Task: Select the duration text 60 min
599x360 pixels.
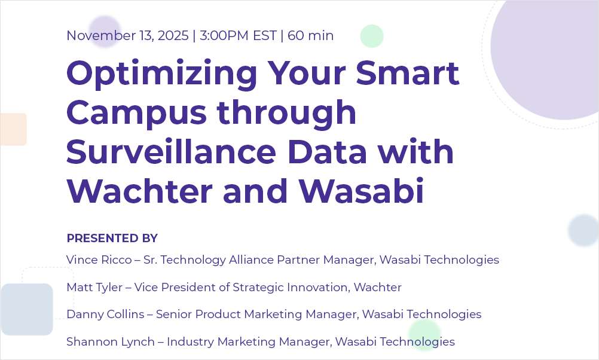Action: [310, 36]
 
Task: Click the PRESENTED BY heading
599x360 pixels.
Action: [112, 238]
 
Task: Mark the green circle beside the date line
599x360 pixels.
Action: [371, 36]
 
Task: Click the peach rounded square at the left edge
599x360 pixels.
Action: [13, 129]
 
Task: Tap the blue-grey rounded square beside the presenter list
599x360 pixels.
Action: [27, 309]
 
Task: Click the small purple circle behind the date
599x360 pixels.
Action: [105, 30]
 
